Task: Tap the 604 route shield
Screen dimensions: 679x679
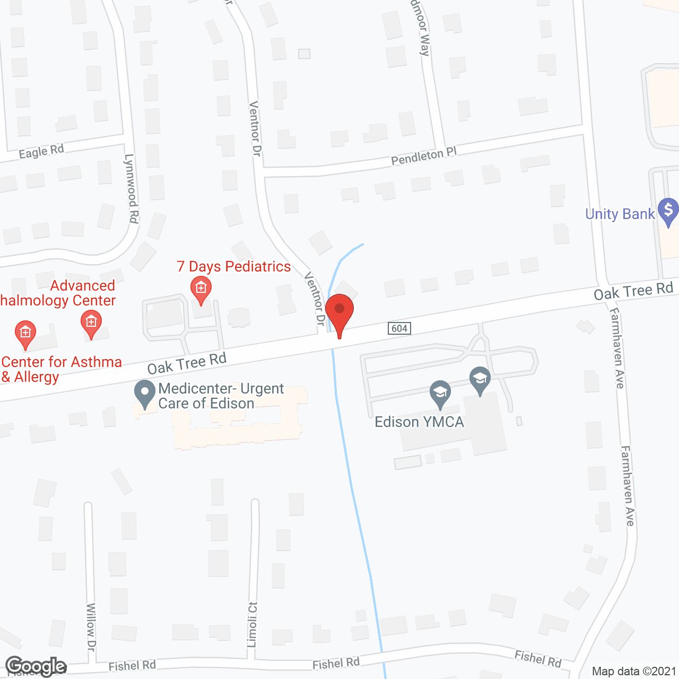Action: coord(399,328)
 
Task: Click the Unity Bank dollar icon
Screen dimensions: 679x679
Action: coord(668,211)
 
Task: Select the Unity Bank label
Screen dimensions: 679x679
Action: coord(620,214)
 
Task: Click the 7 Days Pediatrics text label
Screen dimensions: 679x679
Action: coord(234,266)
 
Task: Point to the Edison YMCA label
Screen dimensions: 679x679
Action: coord(419,422)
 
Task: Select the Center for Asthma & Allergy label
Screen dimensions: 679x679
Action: coord(61,369)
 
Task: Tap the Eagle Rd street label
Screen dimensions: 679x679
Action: coord(41,152)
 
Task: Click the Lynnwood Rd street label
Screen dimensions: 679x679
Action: coord(131,188)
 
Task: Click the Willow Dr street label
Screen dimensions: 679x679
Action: coord(91,626)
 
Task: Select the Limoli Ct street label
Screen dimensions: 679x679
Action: coord(253,624)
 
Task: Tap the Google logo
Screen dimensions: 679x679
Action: coord(36,667)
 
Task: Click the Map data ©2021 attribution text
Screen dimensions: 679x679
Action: coord(634,672)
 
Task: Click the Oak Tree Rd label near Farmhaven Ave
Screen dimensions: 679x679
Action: coord(633,291)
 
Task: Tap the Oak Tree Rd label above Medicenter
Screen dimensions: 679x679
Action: coord(187,363)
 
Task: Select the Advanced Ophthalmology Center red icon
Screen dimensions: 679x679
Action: coord(91,323)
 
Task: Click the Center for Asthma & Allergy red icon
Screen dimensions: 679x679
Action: coord(25,333)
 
